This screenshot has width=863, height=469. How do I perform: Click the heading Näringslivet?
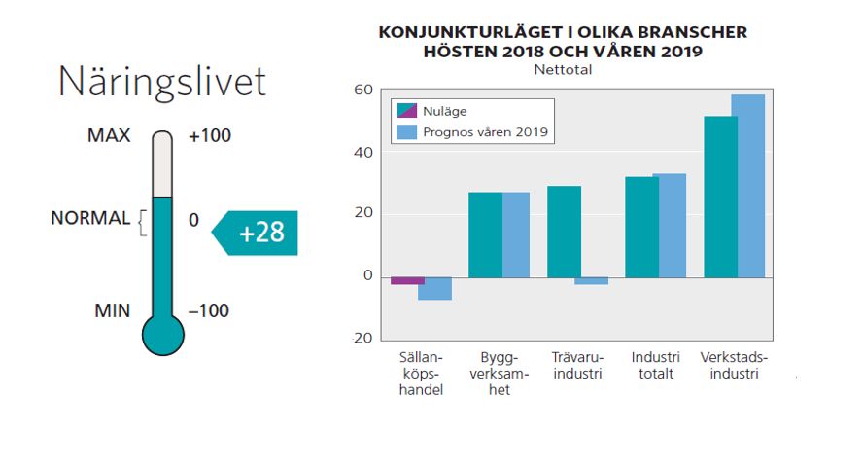[x=161, y=82]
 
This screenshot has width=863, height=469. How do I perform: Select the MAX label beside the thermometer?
[x=109, y=136]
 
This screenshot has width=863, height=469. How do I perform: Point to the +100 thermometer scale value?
[x=210, y=136]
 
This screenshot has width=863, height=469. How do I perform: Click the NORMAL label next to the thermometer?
[x=90, y=219]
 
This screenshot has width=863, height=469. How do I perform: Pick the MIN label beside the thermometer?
[x=112, y=311]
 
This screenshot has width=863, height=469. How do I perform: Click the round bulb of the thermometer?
[x=162, y=333]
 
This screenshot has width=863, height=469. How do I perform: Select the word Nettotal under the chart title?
[x=563, y=70]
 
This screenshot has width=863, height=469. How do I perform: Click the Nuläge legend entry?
[x=442, y=109]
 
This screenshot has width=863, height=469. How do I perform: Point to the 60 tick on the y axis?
[x=362, y=90]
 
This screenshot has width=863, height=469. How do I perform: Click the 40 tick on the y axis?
[x=362, y=153]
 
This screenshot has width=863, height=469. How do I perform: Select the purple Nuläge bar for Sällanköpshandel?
[x=408, y=280]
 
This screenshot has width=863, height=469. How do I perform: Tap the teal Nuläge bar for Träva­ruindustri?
[x=564, y=232]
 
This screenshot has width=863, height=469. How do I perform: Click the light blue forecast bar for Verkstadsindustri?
[x=747, y=185]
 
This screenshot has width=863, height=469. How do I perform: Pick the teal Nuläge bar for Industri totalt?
[x=641, y=227]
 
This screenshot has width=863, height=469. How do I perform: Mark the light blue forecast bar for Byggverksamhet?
[x=516, y=234]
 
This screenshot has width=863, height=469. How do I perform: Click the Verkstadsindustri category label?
[x=734, y=365]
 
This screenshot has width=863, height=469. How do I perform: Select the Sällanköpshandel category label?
[x=422, y=374]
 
